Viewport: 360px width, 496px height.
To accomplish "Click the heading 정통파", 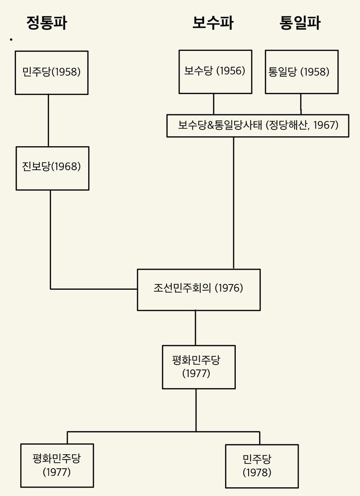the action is coord(47,23).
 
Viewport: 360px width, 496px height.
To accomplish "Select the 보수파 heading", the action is coord(213,23).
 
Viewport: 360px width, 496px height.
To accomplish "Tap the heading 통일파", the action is coord(300,23).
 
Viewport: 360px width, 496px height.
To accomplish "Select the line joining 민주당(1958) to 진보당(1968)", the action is coord(48,120).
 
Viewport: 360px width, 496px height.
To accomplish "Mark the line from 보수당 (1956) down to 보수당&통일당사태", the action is coord(214,104).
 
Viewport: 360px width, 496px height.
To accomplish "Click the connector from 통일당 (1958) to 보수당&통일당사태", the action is coord(301,104).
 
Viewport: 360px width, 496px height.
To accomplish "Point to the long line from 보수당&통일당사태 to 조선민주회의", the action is coord(234,203).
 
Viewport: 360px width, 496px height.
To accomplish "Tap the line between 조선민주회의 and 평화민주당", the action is coord(195,328).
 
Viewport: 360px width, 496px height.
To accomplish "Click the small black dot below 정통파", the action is coord(11,39).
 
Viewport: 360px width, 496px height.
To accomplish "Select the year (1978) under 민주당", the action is coord(257,472).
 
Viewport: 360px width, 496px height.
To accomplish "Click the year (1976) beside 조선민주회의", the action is coord(229,288).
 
